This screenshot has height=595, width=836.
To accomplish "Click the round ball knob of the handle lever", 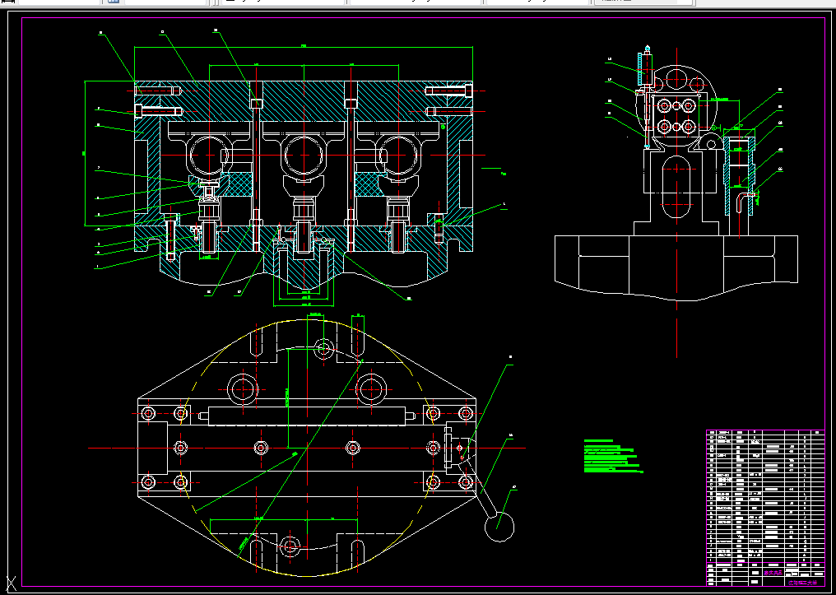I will click(499, 526).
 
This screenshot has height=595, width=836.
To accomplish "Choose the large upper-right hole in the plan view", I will click(373, 386).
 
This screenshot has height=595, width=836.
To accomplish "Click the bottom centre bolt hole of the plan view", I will click(289, 546).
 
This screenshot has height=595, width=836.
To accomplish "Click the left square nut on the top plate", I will click(256, 103).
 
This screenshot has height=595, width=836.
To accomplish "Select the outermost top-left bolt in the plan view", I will click(148, 412).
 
